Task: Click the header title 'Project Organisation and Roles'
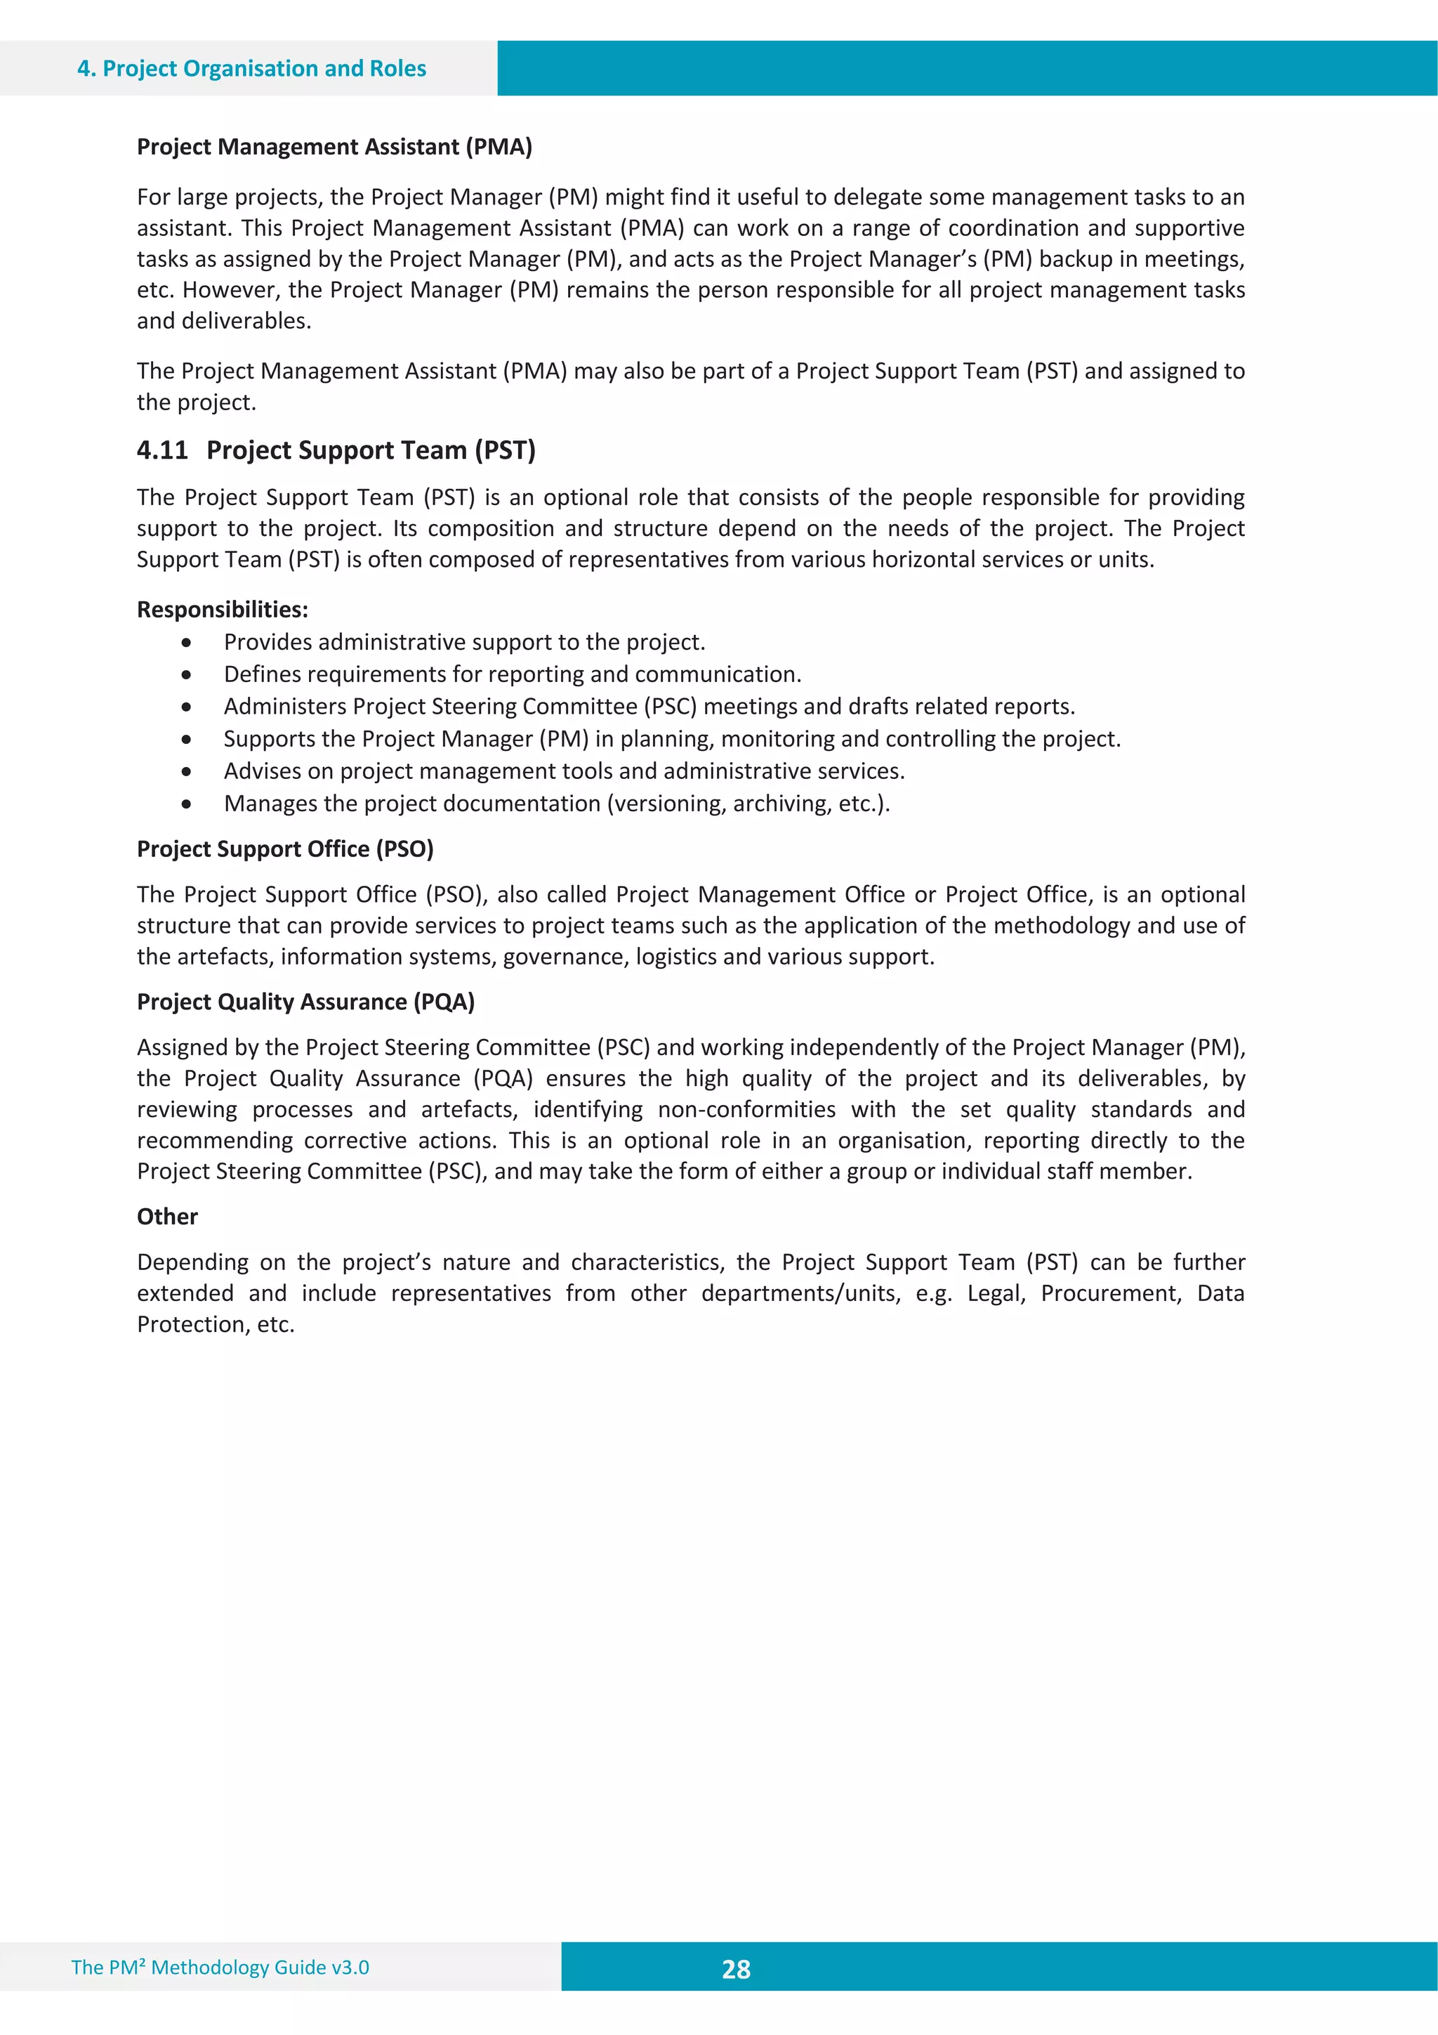click(264, 68)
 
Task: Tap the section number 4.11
click(162, 450)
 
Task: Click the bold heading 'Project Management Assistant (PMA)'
click(334, 146)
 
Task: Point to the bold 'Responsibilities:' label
click(223, 610)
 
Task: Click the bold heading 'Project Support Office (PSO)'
click(284, 849)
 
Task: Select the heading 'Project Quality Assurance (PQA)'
click(305, 1002)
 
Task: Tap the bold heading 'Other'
click(167, 1217)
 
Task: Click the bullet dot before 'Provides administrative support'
click(186, 643)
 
